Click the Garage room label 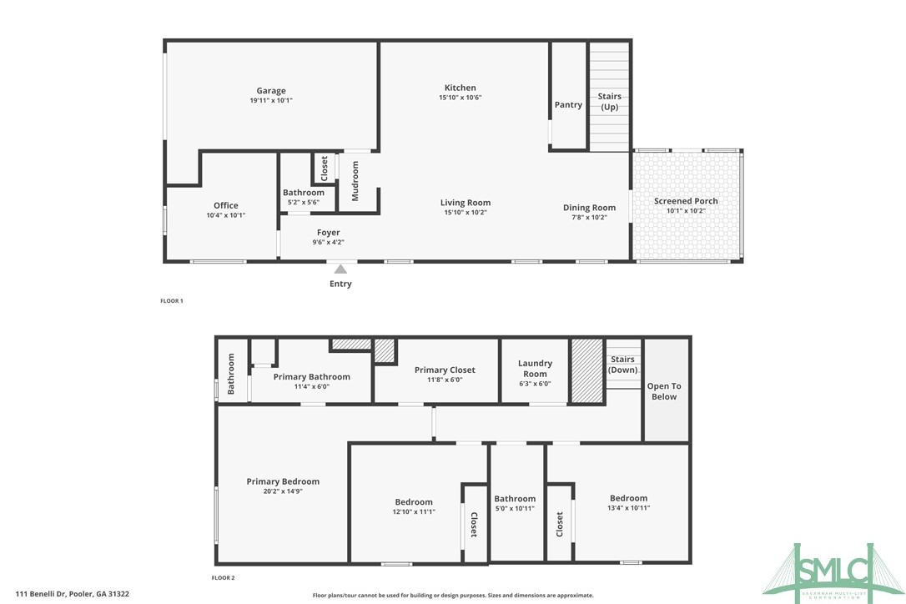(x=270, y=91)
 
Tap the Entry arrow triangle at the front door (x=340, y=269)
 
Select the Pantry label (x=568, y=105)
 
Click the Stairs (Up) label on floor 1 (x=610, y=102)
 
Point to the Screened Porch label (x=686, y=201)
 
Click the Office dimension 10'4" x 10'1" (x=225, y=215)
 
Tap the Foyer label (x=328, y=233)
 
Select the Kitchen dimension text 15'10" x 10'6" (x=460, y=98)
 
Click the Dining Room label (x=589, y=208)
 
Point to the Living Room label (x=466, y=203)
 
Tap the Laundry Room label (x=535, y=369)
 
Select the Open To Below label (x=664, y=391)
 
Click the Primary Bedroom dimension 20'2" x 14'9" (x=283, y=491)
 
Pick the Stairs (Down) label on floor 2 (x=622, y=365)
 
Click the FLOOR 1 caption (x=171, y=300)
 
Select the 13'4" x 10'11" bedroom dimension (x=628, y=508)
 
